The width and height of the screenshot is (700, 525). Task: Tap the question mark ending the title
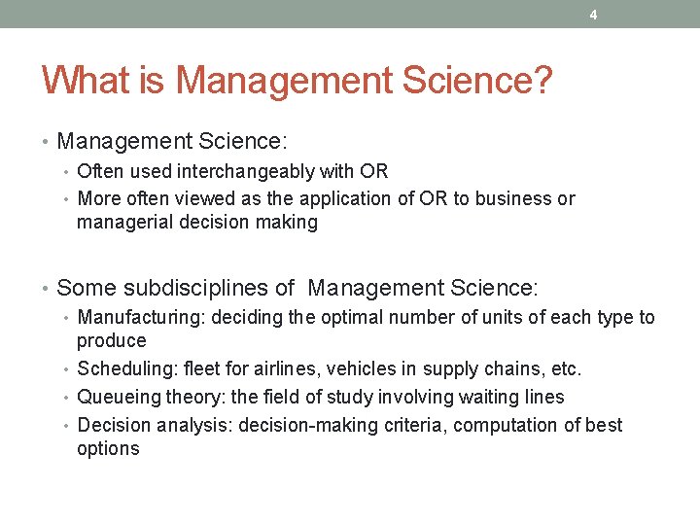[542, 81]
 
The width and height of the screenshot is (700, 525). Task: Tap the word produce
[112, 341]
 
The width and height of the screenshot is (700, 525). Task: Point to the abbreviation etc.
[564, 369]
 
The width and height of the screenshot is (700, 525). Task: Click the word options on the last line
[108, 449]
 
